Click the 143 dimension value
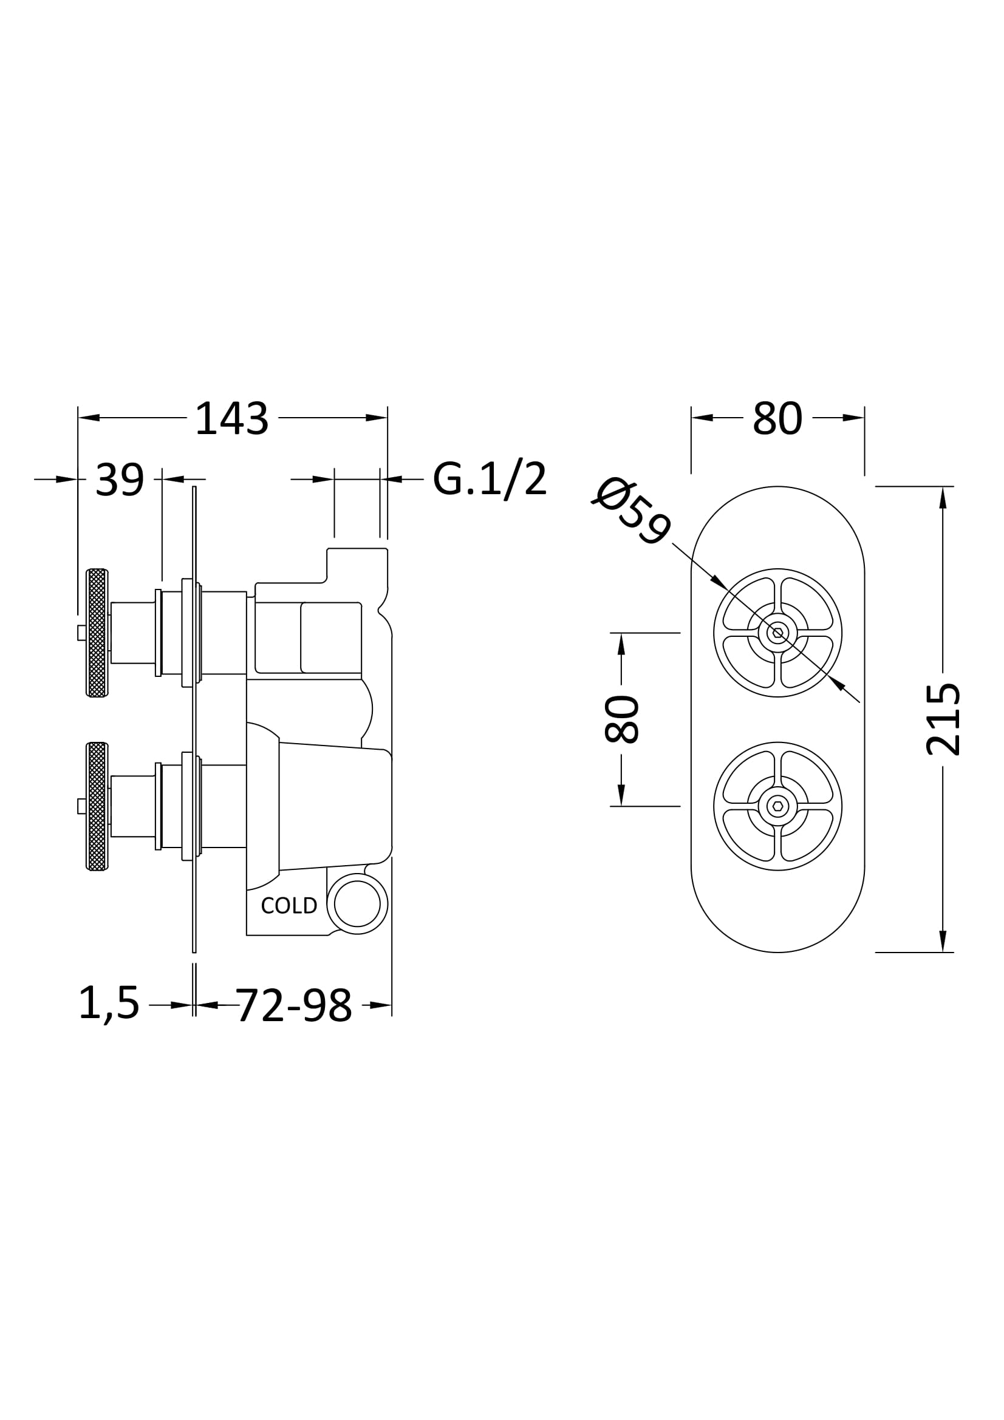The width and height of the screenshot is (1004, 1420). coord(232,419)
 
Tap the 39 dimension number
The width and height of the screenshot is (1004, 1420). coord(120,480)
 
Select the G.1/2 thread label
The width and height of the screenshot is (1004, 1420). coord(490,478)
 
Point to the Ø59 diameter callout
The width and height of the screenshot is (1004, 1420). coord(632,511)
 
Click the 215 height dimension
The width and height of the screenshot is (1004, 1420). coord(943,719)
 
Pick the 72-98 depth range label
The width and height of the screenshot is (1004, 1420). coord(293,1005)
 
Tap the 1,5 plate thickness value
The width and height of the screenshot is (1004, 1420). coord(109,1004)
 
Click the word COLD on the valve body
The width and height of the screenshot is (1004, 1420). coord(289,905)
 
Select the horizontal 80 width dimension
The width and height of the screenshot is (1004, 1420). coord(777,419)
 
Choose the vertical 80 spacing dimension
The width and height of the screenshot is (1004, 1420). coord(621,719)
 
